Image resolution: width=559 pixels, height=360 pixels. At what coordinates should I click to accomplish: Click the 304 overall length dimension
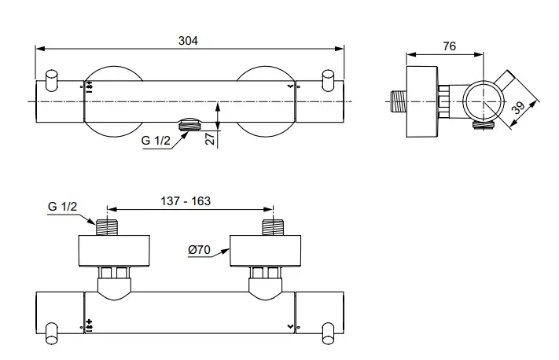(x=189, y=40)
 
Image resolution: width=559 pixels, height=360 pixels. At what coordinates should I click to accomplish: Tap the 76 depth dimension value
(x=449, y=46)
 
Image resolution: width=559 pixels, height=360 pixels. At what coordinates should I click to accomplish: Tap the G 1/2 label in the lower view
(x=63, y=206)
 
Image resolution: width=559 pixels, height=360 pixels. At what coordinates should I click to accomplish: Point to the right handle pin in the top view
(x=329, y=79)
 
